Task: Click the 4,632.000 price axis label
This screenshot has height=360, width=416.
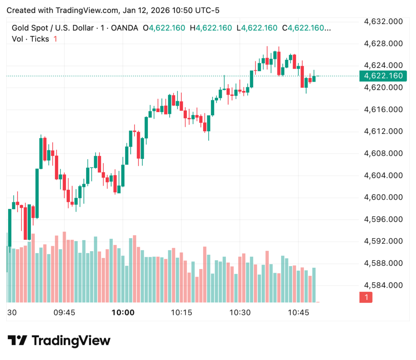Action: click(383, 22)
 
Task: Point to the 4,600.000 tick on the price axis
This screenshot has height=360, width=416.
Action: click(383, 197)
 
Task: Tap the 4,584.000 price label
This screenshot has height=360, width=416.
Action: click(383, 285)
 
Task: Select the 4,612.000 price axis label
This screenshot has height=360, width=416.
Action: click(383, 131)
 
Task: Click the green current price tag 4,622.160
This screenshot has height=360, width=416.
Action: click(383, 76)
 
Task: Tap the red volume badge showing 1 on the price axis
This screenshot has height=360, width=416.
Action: click(366, 297)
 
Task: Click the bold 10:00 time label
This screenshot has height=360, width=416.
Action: click(123, 312)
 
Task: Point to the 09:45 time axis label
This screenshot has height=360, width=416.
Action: click(65, 312)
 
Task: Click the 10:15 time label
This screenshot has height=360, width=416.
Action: click(181, 312)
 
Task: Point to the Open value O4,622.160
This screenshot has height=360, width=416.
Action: click(164, 28)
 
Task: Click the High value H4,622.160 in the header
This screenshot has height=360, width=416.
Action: click(213, 28)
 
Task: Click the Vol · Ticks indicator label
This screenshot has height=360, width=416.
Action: click(30, 39)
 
